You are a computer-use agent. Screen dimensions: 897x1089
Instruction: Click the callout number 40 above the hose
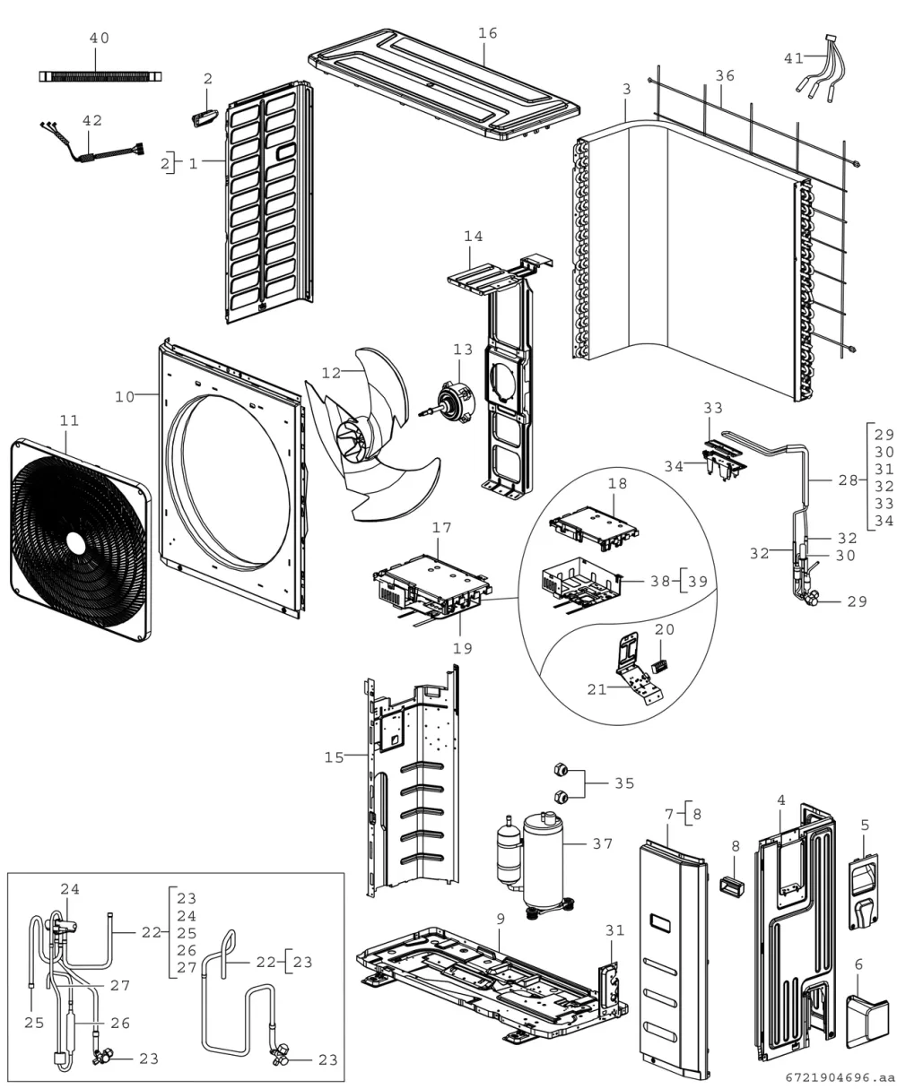(100, 39)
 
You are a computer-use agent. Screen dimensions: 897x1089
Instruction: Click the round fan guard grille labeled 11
(80, 540)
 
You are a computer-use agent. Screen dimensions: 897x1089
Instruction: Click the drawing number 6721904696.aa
(840, 1077)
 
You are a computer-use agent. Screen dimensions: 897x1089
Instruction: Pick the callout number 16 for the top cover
(487, 33)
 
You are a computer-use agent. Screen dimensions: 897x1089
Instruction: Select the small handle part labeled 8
(731, 886)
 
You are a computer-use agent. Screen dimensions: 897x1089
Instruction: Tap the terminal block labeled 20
(659, 667)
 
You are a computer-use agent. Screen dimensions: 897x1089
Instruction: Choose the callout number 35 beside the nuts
(624, 783)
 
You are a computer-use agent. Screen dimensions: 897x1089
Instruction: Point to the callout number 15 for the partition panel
(334, 757)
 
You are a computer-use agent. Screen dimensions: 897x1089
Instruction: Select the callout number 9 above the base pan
(501, 919)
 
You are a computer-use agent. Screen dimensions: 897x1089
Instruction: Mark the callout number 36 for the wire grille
(725, 76)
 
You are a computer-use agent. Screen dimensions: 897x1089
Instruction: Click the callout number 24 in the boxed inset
(70, 889)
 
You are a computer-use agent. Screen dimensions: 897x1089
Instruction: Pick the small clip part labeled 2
(205, 119)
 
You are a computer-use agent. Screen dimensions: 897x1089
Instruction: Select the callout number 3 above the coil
(627, 90)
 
